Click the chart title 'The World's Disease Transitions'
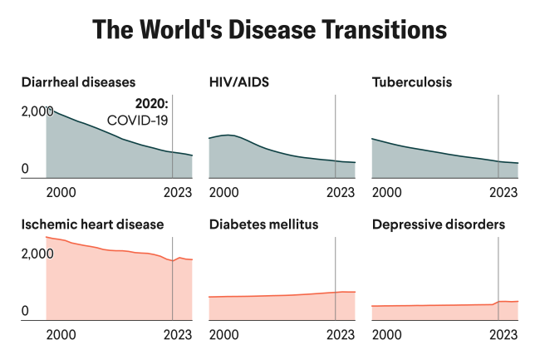pyautogui.click(x=270, y=30)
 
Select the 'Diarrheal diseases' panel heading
pyautogui.click(x=78, y=82)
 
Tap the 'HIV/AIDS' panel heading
pyautogui.click(x=240, y=82)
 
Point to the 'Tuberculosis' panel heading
pyautogui.click(x=411, y=82)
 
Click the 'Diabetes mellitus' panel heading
pyautogui.click(x=263, y=224)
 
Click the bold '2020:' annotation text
pyautogui.click(x=151, y=106)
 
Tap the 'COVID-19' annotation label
pyautogui.click(x=138, y=121)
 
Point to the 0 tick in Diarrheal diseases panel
pyautogui.click(x=26, y=170)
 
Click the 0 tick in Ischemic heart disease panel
pyautogui.click(x=26, y=312)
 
